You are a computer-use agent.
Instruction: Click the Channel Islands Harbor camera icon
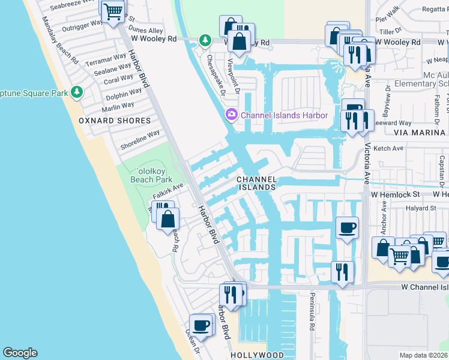click(x=231, y=114)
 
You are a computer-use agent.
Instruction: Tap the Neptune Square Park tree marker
click(x=76, y=92)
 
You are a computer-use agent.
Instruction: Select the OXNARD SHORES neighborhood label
click(x=115, y=121)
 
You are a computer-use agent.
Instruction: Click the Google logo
click(x=20, y=353)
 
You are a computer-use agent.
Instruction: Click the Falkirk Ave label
click(x=166, y=192)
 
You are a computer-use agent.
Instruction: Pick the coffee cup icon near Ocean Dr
click(x=202, y=325)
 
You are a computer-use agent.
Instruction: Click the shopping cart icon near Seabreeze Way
click(x=113, y=11)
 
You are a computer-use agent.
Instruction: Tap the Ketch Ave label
click(x=388, y=148)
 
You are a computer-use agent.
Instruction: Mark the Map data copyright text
click(x=423, y=355)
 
